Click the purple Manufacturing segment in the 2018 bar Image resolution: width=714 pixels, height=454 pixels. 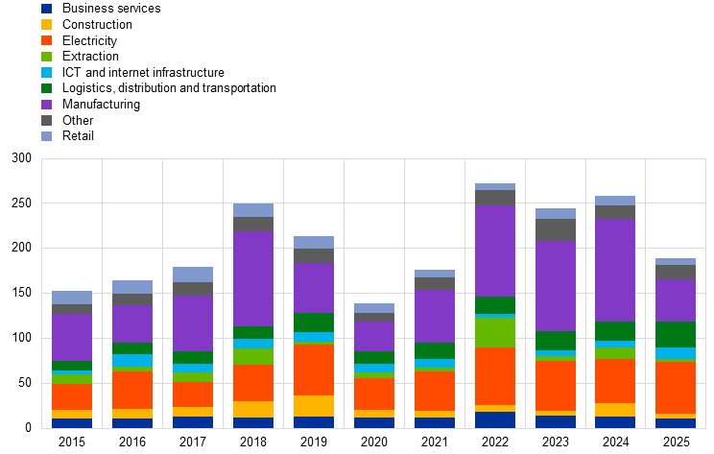click(x=253, y=278)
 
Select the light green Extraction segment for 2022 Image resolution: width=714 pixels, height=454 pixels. click(x=495, y=332)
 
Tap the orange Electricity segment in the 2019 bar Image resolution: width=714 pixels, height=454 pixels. click(x=314, y=370)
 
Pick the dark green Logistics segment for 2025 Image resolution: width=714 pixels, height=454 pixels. click(x=677, y=335)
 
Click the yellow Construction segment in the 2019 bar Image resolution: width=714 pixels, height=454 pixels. click(x=314, y=406)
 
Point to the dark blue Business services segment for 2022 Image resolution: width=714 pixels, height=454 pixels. click(x=495, y=419)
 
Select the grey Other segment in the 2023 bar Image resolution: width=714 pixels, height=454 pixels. click(x=556, y=230)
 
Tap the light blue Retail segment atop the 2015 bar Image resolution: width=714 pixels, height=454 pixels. click(x=72, y=298)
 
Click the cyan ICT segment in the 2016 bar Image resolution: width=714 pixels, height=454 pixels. click(x=132, y=360)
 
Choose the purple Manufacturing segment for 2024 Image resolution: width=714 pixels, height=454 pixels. click(x=616, y=271)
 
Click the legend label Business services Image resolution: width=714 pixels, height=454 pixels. click(x=111, y=9)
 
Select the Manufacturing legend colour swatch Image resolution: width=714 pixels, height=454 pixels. click(x=46, y=105)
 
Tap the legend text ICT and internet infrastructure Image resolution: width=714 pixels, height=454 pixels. click(x=143, y=72)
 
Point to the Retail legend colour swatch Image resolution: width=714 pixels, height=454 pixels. click(x=46, y=136)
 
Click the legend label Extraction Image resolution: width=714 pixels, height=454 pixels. click(x=90, y=57)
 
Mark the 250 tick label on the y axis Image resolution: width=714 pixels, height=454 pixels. click(x=21, y=203)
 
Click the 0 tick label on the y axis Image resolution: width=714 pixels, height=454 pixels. click(x=28, y=428)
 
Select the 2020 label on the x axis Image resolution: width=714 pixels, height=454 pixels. click(x=374, y=442)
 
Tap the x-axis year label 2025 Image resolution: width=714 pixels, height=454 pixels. click(x=677, y=442)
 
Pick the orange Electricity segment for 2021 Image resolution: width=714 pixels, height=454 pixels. click(x=435, y=392)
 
